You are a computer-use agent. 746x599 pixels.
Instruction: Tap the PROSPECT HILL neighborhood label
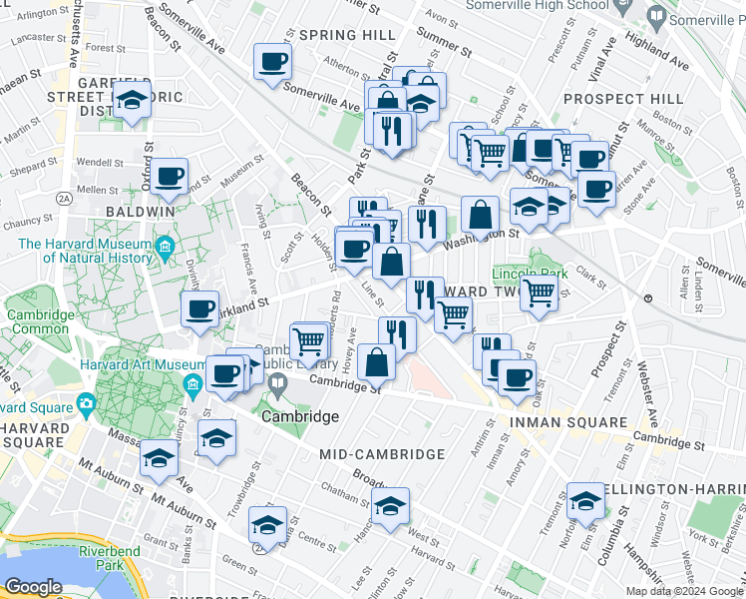(x=623, y=99)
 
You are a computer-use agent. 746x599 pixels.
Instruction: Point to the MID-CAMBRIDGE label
(x=382, y=454)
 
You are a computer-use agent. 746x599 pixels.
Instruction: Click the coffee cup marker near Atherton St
(x=272, y=64)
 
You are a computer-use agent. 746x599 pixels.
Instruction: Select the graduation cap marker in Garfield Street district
(x=131, y=101)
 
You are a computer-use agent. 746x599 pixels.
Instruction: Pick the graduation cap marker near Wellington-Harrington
(x=584, y=503)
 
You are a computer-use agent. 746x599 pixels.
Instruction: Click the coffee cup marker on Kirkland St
(x=200, y=309)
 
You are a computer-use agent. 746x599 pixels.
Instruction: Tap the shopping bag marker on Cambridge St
(x=377, y=362)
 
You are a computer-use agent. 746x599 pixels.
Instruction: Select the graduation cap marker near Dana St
(x=267, y=525)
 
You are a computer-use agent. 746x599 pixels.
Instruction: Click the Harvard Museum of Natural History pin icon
(x=165, y=245)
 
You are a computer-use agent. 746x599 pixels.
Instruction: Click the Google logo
(x=34, y=587)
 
